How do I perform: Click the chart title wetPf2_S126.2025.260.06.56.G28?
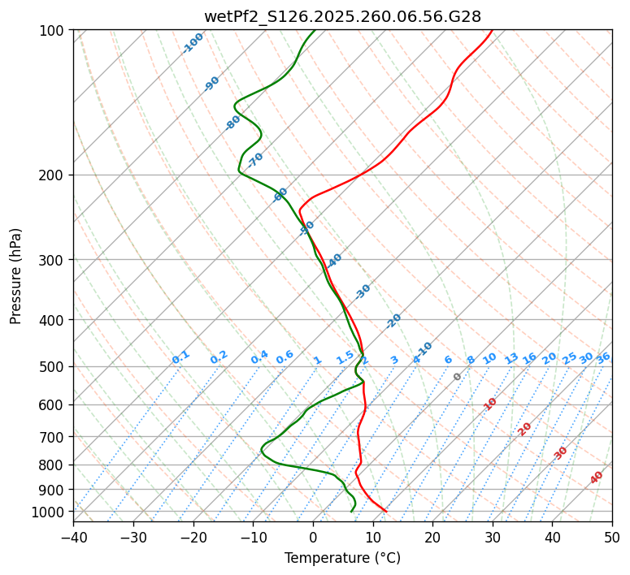point(342,16)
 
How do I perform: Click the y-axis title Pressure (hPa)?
point(16,276)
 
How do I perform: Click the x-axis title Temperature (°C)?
point(342,558)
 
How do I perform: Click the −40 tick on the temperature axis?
point(73,537)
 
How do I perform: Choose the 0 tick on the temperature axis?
point(313,537)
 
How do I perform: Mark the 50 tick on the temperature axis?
point(612,537)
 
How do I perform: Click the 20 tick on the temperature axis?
point(432,537)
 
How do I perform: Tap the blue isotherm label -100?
point(193,43)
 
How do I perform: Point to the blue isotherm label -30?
point(363,292)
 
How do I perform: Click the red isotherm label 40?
point(597,478)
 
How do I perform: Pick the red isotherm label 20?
point(524,428)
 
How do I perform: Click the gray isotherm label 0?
point(458,377)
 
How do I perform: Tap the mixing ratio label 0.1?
point(180,357)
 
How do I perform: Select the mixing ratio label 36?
point(603,357)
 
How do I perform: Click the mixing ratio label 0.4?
point(259,357)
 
